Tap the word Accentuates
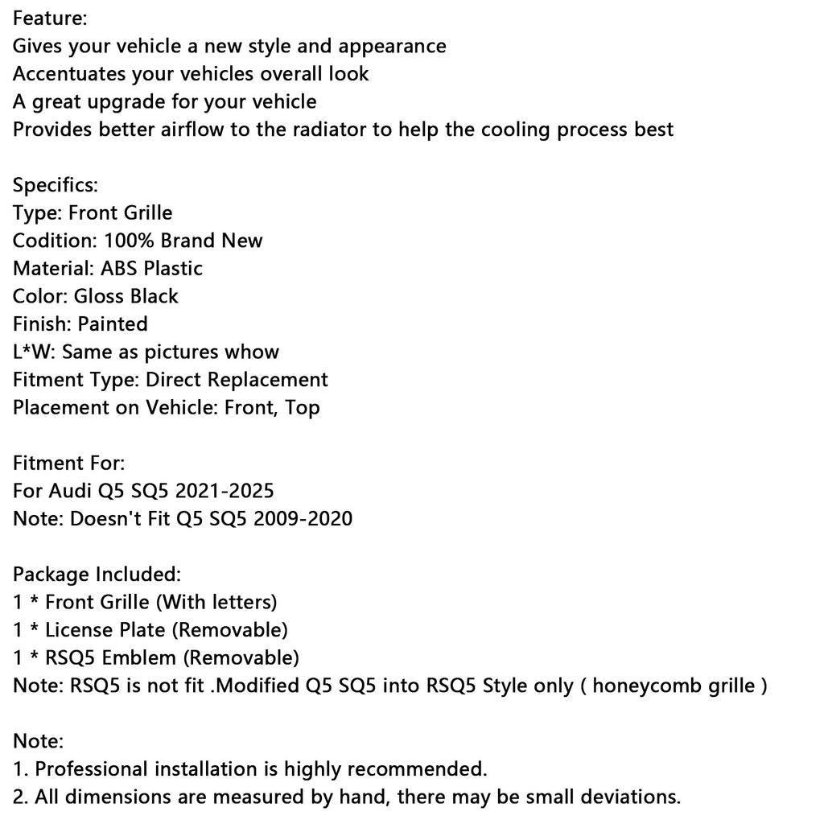click(x=70, y=73)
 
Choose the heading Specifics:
click(x=56, y=184)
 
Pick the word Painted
click(x=113, y=323)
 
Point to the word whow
click(x=252, y=352)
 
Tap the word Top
click(x=303, y=407)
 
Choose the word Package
click(x=51, y=574)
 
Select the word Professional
click(x=96, y=769)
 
